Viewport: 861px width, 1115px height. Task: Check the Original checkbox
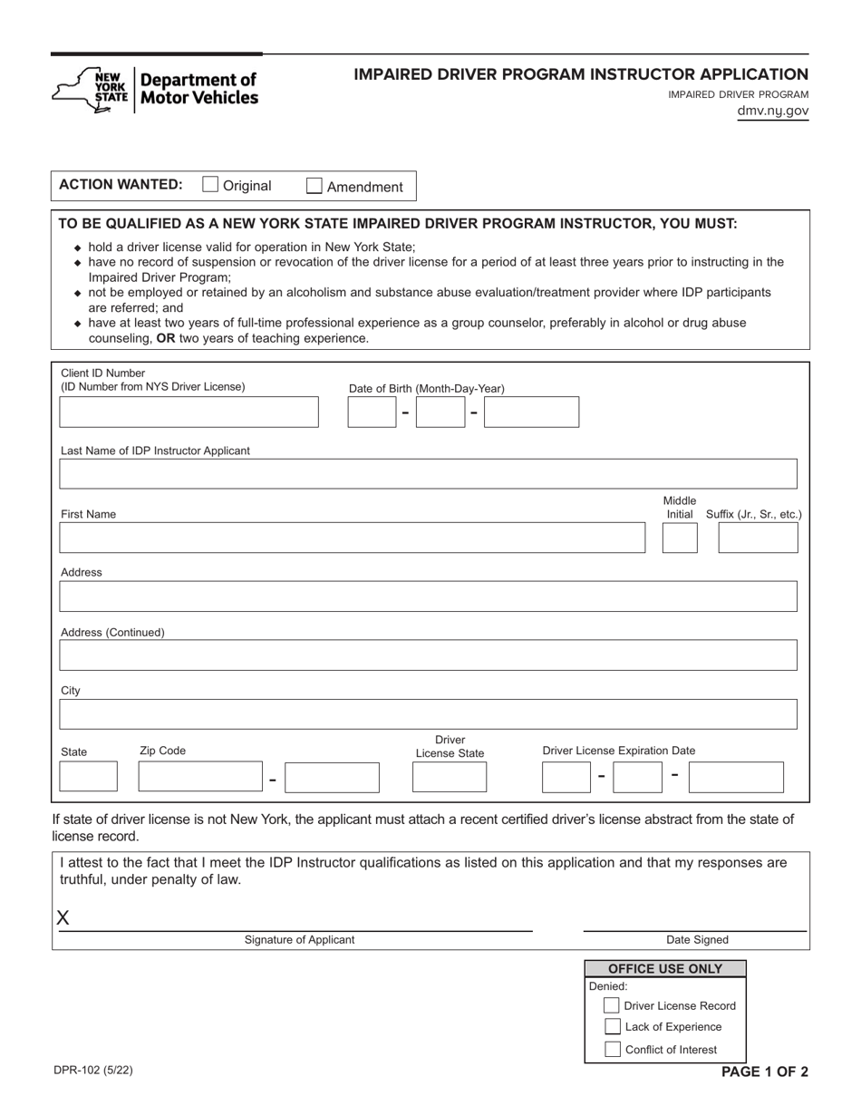210,185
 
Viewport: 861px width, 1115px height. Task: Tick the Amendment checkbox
314,186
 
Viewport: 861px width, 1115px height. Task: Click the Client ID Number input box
189,412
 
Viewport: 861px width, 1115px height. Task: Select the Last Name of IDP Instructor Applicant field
428,474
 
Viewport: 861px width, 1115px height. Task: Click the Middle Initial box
680,538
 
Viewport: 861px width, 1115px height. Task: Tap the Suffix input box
758,538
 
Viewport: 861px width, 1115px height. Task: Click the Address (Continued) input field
428,655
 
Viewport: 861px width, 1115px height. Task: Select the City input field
428,714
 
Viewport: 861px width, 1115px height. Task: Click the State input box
88,777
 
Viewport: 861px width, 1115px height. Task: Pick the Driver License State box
450,777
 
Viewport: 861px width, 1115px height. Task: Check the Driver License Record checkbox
612,1005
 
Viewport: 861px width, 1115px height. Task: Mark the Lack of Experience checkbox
612,1027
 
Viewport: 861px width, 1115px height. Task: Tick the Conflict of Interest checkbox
612,1050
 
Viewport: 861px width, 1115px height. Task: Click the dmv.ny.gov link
772,111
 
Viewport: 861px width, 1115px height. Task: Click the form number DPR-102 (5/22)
92,1070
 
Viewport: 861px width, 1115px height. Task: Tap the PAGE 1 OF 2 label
764,1071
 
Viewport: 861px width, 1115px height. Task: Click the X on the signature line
63,917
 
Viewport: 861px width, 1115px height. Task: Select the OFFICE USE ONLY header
665,968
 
